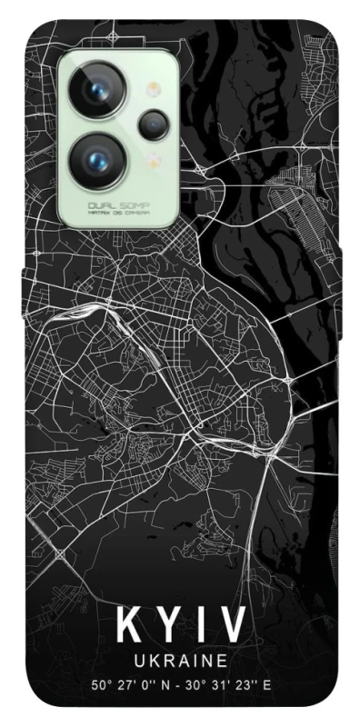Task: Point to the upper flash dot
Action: pos(153,89)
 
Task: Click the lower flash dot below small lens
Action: pos(153,158)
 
